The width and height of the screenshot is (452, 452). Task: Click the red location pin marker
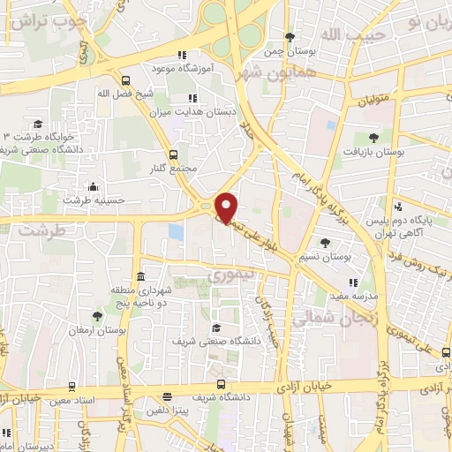(227, 207)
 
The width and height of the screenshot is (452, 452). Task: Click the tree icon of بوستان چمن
(290, 36)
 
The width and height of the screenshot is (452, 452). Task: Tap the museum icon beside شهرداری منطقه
(141, 276)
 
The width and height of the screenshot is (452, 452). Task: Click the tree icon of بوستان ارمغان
(97, 315)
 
